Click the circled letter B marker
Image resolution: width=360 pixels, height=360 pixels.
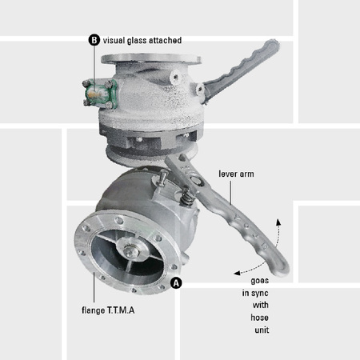point(94,39)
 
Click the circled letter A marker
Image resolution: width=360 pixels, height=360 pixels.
point(176,282)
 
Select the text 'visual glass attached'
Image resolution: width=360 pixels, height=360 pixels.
point(142,40)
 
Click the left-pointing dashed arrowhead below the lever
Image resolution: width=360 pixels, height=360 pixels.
point(238,270)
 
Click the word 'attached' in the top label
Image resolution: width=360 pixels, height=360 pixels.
point(165,40)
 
